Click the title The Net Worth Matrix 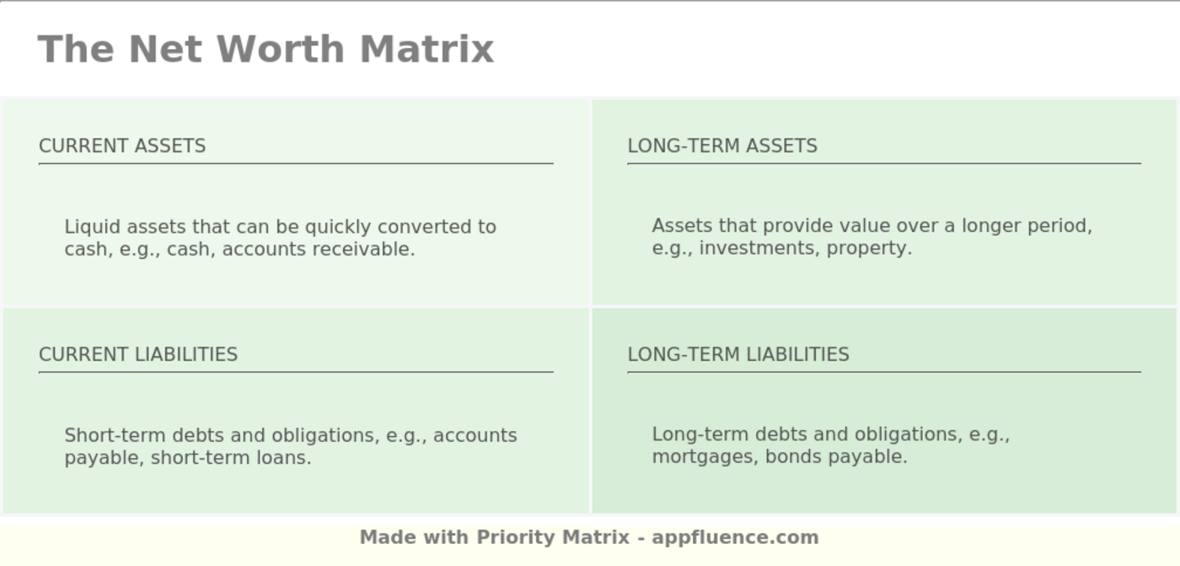(265, 49)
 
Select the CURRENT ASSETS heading (122, 146)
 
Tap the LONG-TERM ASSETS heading (722, 146)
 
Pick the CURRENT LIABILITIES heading (138, 354)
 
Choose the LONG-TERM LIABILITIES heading (738, 354)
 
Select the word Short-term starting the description (115, 435)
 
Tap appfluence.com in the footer (735, 537)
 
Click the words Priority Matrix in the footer (553, 537)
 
